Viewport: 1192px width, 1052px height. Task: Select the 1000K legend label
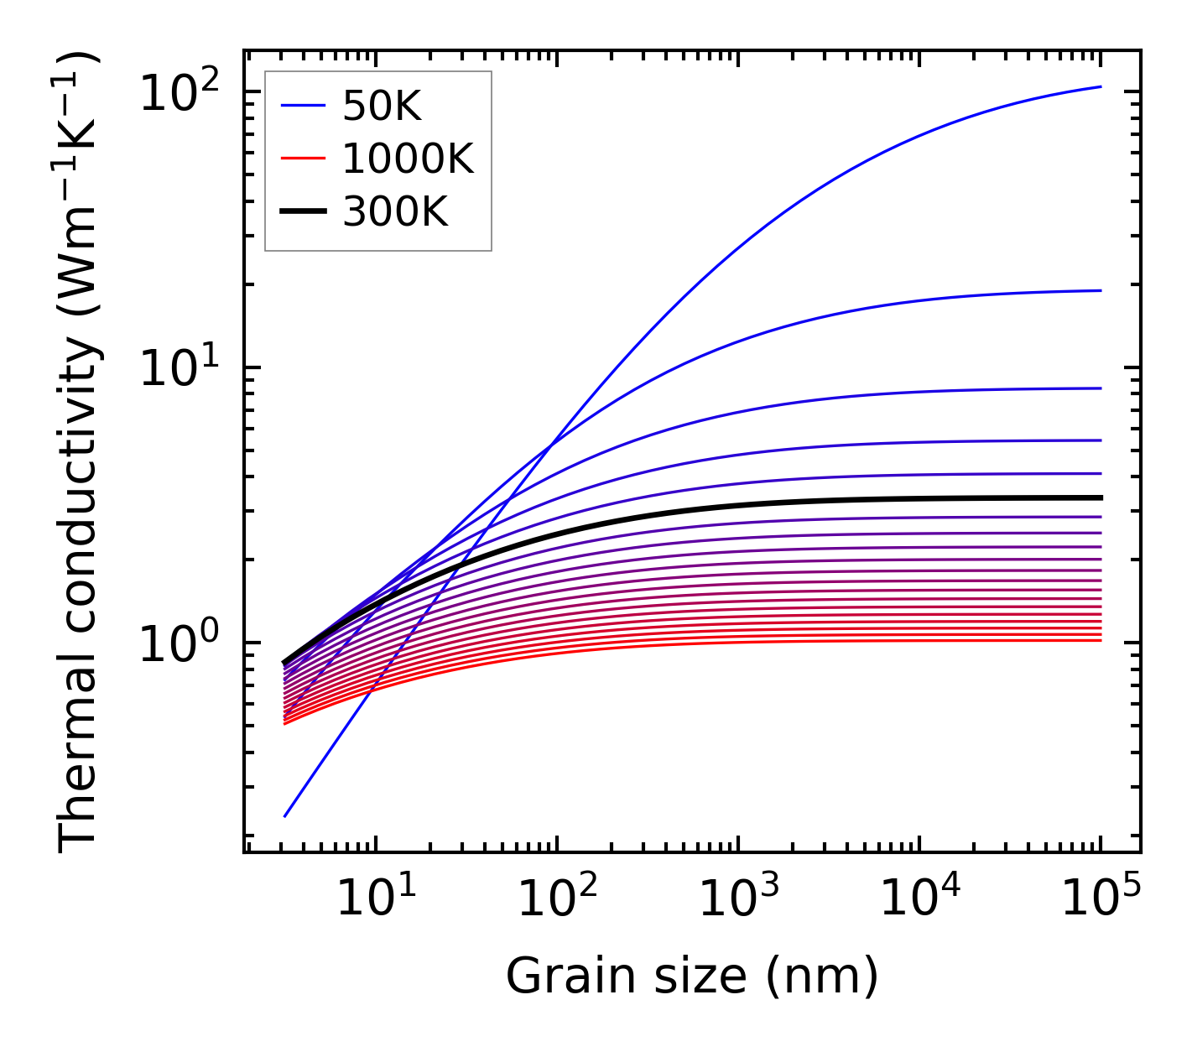tap(408, 159)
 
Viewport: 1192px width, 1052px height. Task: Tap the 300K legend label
tap(395, 212)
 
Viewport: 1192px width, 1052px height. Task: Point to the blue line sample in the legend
tap(302, 106)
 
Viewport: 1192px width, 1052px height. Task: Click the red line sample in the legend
tap(302, 159)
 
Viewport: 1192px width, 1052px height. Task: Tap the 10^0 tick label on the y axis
tap(180, 643)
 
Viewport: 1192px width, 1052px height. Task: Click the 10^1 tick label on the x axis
tap(376, 899)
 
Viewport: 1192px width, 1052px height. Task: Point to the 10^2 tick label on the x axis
tap(557, 899)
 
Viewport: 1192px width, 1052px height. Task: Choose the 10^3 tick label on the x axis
tap(738, 899)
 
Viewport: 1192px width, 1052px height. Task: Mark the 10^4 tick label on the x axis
tap(919, 899)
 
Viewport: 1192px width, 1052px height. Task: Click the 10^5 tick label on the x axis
tap(1101, 899)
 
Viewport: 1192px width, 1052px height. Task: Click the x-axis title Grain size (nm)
tap(692, 976)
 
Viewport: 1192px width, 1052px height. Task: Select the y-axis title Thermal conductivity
tap(80, 453)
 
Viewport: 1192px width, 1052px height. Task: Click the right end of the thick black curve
tap(1100, 497)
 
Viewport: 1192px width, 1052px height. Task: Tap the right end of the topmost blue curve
tap(1100, 86)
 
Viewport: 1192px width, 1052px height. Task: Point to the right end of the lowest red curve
tap(1100, 641)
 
